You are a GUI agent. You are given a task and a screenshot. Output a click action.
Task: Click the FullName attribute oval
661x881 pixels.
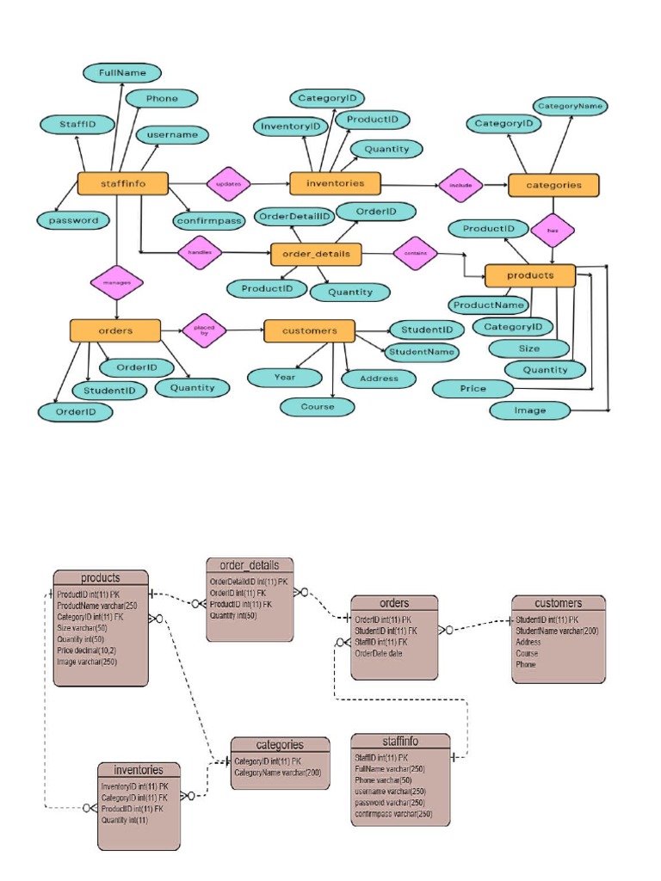121,73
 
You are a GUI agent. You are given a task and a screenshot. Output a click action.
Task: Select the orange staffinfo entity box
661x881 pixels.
122,184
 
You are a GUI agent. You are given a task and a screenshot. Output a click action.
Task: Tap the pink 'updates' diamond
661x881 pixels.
228,183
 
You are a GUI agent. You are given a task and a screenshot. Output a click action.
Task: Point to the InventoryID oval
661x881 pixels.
291,126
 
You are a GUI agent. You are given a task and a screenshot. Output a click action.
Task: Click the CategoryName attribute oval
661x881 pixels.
570,107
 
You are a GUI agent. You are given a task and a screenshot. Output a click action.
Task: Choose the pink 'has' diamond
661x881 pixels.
553,230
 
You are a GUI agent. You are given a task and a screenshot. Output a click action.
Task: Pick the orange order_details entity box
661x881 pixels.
316,255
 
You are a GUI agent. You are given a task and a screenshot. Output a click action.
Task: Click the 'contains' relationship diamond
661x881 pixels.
416,253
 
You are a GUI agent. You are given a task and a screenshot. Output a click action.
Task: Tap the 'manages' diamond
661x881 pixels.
116,281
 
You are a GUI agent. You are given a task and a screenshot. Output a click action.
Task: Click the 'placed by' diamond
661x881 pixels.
205,330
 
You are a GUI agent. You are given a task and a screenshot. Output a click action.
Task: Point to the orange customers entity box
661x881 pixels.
309,331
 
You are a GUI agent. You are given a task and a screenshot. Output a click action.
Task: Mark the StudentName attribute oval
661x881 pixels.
420,351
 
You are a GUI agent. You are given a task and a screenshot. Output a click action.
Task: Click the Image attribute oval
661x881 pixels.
530,410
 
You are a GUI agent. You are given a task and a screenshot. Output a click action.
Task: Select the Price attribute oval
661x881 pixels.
473,389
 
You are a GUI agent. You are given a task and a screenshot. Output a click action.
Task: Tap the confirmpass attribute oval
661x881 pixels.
207,220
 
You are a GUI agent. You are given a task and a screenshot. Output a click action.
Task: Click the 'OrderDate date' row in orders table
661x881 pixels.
379,653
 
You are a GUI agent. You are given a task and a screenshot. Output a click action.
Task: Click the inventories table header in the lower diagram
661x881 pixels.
138,769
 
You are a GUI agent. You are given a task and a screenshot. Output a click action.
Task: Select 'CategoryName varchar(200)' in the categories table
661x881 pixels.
277,773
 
